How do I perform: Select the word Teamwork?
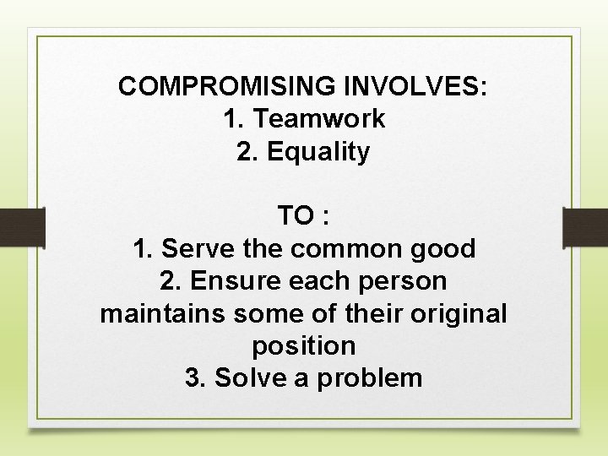318,119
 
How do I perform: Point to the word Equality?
318,152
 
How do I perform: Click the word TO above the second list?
295,216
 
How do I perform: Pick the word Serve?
193,249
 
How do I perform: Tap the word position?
304,346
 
